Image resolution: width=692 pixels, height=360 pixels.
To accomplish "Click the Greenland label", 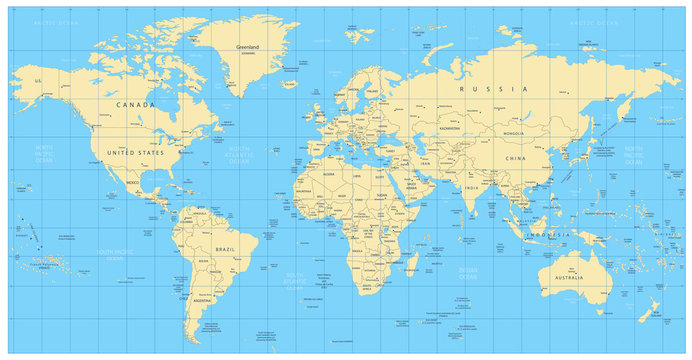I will tap(246, 47).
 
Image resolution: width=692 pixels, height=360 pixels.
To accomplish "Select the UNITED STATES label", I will tap(134, 152).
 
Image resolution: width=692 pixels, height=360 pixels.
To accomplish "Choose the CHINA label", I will tap(515, 158).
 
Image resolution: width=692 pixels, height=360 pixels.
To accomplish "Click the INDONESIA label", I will tap(550, 233).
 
